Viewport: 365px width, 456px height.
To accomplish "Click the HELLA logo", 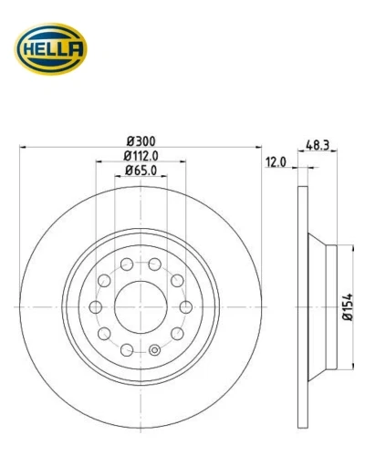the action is click(x=51, y=49).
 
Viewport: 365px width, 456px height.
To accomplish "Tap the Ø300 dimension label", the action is click(x=141, y=141).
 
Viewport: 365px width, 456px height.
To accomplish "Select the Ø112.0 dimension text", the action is click(x=141, y=156).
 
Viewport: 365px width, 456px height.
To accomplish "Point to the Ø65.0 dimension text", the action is click(x=141, y=171).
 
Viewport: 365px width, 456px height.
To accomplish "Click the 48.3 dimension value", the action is click(x=318, y=145).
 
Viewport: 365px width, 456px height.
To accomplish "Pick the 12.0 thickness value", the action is click(x=276, y=162).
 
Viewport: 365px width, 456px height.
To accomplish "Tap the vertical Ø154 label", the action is click(x=348, y=306).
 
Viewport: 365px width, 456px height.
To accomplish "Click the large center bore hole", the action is click(x=141, y=307).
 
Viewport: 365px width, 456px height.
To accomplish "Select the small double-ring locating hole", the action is click(x=154, y=350).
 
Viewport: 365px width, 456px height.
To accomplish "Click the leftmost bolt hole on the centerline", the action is click(x=96, y=307).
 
